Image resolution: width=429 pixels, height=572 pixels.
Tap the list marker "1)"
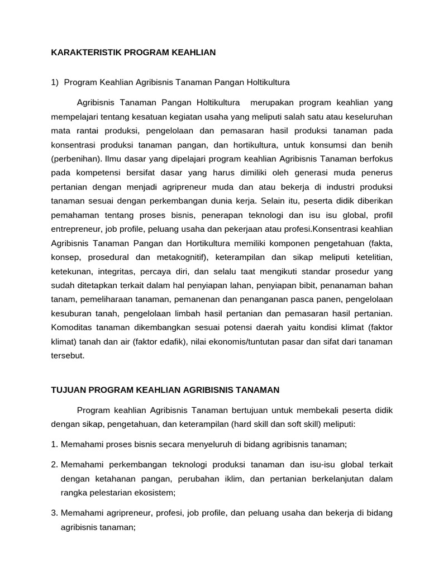coord(55,82)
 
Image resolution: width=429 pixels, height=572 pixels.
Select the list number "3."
coord(55,513)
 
